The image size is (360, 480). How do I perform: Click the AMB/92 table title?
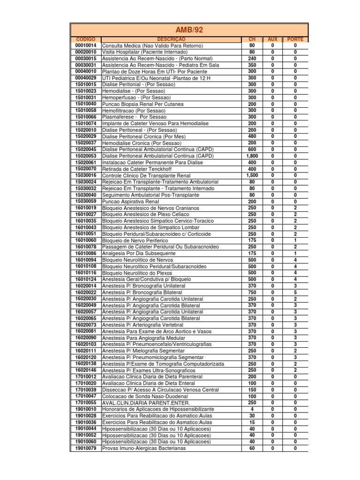[189, 30]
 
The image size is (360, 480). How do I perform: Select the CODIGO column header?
[85, 39]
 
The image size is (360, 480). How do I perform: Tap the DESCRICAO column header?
[171, 39]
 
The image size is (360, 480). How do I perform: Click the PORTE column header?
[295, 39]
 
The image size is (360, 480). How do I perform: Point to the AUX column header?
[272, 39]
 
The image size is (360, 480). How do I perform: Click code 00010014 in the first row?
[85, 45]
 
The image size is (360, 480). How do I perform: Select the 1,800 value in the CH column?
[252, 156]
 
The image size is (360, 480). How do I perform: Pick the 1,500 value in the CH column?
[252, 175]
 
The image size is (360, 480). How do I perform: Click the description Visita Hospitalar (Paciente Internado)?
[145, 52]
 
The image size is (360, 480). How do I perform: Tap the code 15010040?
[85, 104]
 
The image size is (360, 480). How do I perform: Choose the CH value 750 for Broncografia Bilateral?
[252, 292]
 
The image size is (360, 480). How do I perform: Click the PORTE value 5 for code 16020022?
[295, 292]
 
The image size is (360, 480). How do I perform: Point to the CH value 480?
[252, 136]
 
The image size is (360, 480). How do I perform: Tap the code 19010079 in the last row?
[85, 448]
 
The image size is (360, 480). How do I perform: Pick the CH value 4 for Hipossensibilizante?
[252, 409]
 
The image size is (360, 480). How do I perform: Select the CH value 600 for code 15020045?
[252, 149]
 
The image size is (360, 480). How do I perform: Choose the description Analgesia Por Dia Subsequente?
[139, 253]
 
